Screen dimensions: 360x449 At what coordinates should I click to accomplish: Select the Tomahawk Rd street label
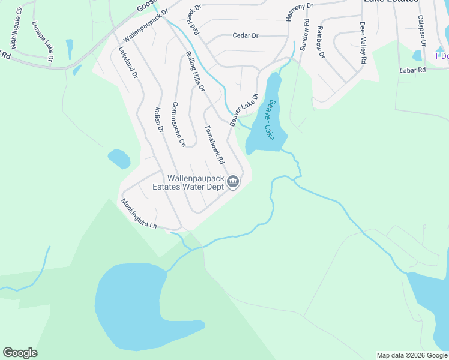pos(214,145)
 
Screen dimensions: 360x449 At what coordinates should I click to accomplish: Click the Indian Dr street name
pos(159,119)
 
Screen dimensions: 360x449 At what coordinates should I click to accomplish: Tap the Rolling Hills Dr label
pos(195,71)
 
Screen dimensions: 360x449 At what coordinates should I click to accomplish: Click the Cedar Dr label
pos(245,36)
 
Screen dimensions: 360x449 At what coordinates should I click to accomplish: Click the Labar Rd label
pos(412,70)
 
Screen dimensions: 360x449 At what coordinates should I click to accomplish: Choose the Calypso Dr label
pos(421,31)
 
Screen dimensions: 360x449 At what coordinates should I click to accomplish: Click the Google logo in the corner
pos(20,353)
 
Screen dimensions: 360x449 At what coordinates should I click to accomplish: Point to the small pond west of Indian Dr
pos(119,159)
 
